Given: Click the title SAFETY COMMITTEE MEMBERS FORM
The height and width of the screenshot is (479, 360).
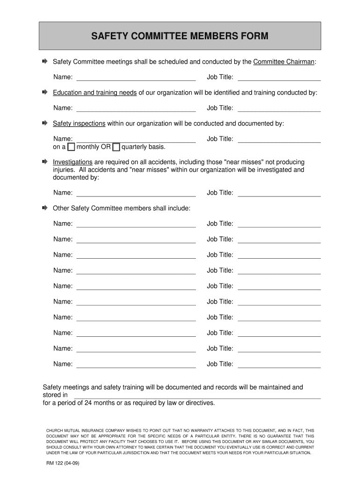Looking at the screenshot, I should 180,36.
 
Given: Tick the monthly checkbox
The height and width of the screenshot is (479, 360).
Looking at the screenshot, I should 71,147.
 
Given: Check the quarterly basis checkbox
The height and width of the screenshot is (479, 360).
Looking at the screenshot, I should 116,147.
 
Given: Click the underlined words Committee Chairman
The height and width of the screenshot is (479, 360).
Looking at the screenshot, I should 284,62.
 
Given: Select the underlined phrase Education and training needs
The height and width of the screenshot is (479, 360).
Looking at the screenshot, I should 94,93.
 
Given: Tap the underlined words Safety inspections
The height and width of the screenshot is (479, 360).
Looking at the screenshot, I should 79,123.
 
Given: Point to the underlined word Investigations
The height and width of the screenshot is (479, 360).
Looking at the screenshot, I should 72,162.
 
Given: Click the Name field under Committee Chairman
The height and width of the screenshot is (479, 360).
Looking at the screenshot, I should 136,77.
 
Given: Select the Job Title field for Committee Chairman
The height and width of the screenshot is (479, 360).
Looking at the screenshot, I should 279,77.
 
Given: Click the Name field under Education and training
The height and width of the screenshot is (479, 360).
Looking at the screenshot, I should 136,108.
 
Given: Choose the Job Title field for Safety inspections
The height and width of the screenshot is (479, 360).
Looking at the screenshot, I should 279,139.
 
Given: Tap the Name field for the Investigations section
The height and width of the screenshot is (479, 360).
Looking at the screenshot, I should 136,193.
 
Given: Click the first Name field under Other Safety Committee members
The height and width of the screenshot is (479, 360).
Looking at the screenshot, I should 136,224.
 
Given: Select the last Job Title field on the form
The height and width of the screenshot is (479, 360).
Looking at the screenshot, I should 279,364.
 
